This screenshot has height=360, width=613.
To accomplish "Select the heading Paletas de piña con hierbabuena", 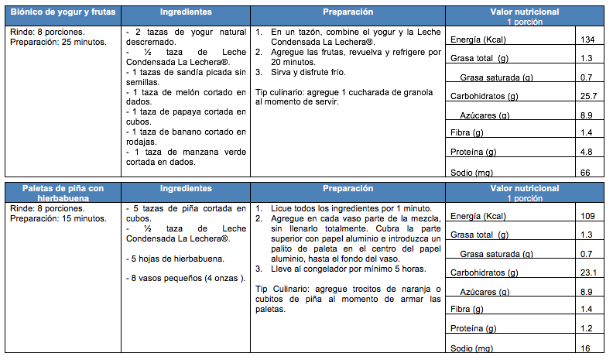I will pos(63,193).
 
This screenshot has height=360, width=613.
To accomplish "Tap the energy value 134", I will pos(587,39).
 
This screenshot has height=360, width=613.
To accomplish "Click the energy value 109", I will pos(587,215).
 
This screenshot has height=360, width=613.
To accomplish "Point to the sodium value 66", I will pos(586,171).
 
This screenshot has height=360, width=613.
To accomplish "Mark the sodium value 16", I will pos(586,348).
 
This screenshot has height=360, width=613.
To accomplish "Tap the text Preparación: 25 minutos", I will pos(58,43).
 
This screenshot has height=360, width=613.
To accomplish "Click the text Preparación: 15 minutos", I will pos(58,218).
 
